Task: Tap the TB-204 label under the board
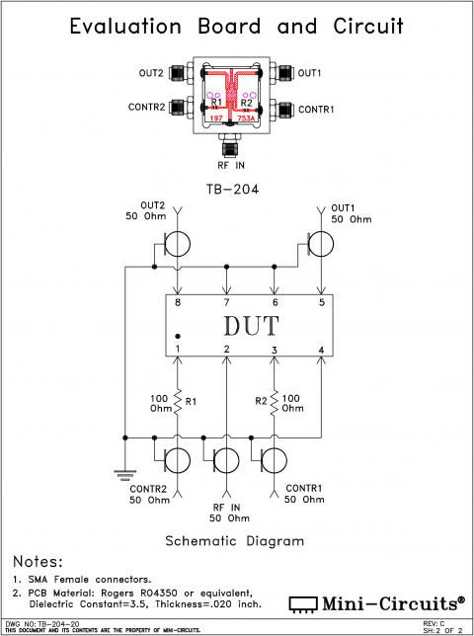click(232, 189)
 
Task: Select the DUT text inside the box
click(250, 325)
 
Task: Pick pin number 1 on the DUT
click(178, 349)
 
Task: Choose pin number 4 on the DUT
click(321, 349)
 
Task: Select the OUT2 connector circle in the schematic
click(178, 243)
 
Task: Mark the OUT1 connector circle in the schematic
click(321, 243)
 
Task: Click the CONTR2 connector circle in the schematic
click(178, 460)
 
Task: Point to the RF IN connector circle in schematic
click(226, 460)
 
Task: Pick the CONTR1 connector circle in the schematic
click(274, 460)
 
